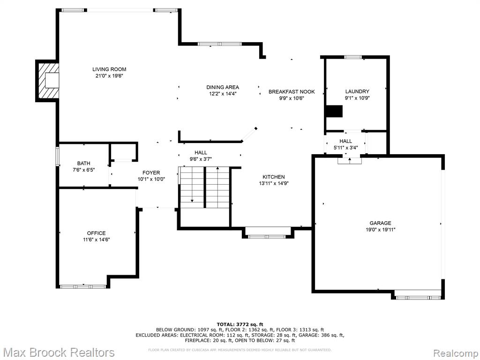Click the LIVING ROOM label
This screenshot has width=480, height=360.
point(109,69)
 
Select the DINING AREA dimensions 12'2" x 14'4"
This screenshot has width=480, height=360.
point(223,94)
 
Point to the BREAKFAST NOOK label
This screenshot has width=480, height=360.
point(292,91)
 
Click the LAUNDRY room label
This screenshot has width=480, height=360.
point(357,91)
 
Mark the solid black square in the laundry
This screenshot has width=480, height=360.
point(334,111)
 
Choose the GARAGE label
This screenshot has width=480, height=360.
point(380,223)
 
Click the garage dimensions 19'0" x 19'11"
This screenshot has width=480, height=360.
point(380,230)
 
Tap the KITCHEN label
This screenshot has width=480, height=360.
point(274,177)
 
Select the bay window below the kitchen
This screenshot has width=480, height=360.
point(268,236)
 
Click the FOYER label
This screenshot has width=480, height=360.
point(151,173)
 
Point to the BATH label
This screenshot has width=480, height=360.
point(83,164)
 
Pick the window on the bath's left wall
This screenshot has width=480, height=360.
point(57,157)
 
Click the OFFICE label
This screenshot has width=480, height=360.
point(97,233)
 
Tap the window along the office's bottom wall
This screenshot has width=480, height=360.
point(82,286)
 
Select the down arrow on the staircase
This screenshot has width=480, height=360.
point(192,185)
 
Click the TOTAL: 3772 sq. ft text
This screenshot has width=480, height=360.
point(240,324)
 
